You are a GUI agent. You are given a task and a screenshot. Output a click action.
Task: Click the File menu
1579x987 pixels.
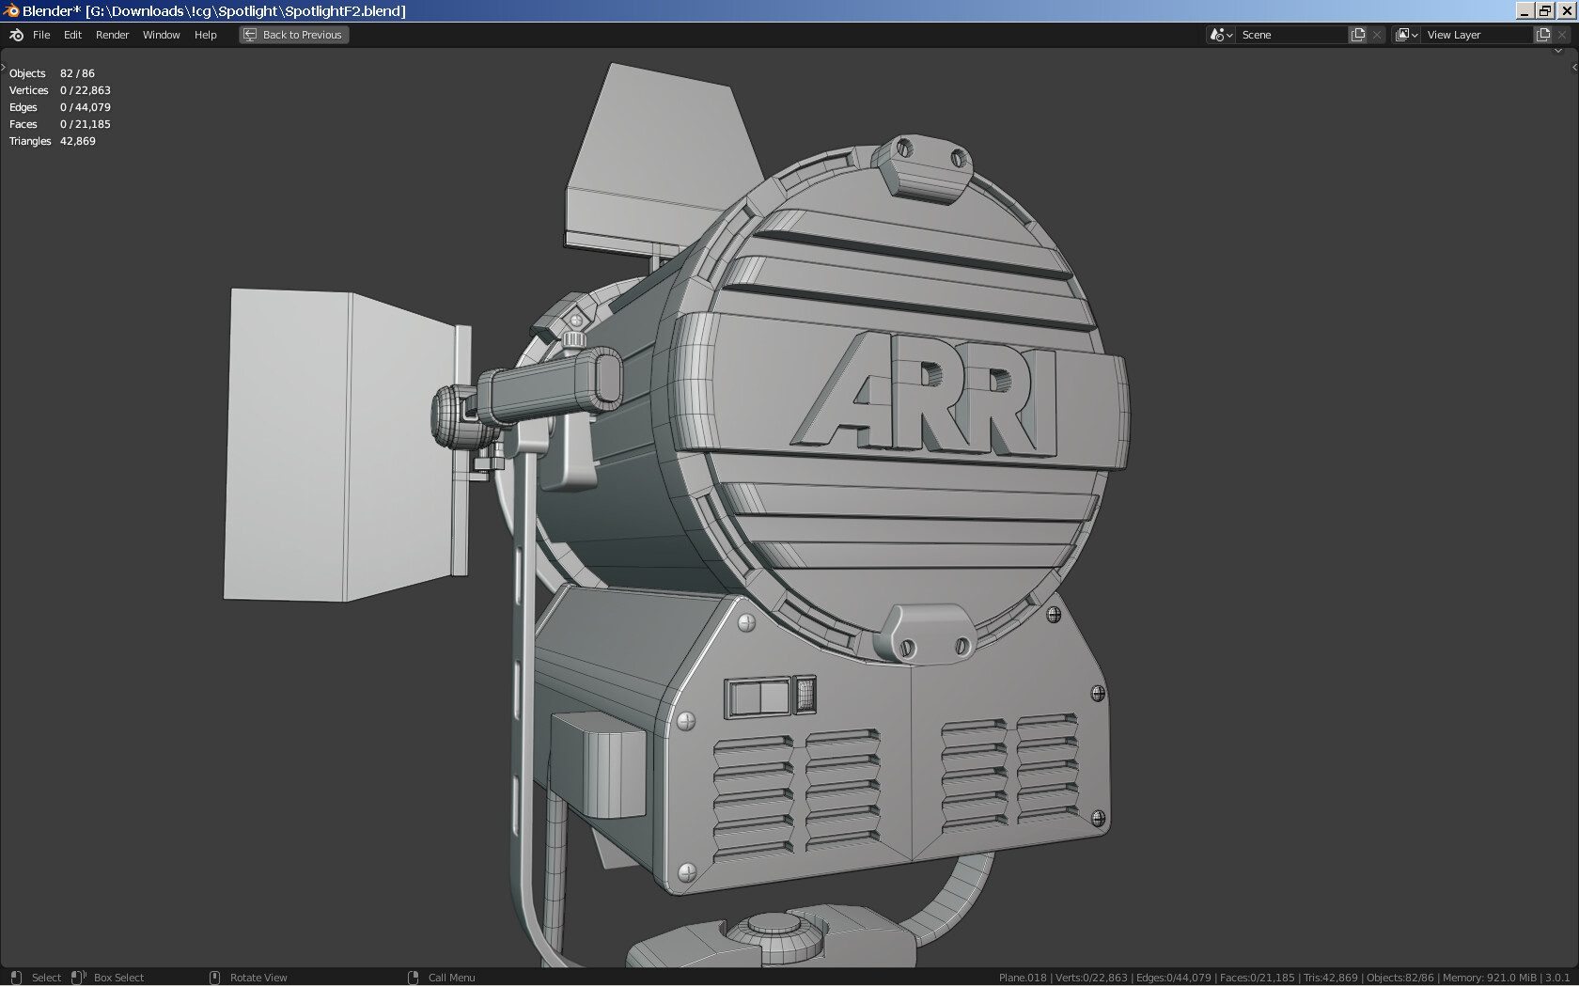click(x=41, y=35)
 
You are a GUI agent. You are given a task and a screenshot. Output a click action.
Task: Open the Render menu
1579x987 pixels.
click(x=112, y=35)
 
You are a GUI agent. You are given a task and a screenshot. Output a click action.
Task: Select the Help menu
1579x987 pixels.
click(x=205, y=35)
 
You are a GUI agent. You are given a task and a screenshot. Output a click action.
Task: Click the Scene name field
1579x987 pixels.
click(x=1291, y=35)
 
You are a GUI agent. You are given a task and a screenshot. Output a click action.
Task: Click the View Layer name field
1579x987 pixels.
click(x=1477, y=35)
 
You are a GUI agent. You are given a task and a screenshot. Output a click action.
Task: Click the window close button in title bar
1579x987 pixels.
click(x=1566, y=10)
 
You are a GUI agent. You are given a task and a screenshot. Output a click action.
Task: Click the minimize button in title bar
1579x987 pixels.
click(x=1524, y=10)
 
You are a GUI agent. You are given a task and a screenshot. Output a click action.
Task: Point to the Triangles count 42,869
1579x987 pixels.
click(x=77, y=141)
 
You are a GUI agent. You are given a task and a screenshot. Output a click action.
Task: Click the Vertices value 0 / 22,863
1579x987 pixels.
click(x=85, y=90)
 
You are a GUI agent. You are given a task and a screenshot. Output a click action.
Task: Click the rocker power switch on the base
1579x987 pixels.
click(x=759, y=697)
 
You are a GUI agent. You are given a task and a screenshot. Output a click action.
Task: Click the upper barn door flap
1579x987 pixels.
click(x=658, y=160)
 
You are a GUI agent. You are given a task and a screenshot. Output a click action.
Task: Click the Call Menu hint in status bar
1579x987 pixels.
click(x=451, y=978)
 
